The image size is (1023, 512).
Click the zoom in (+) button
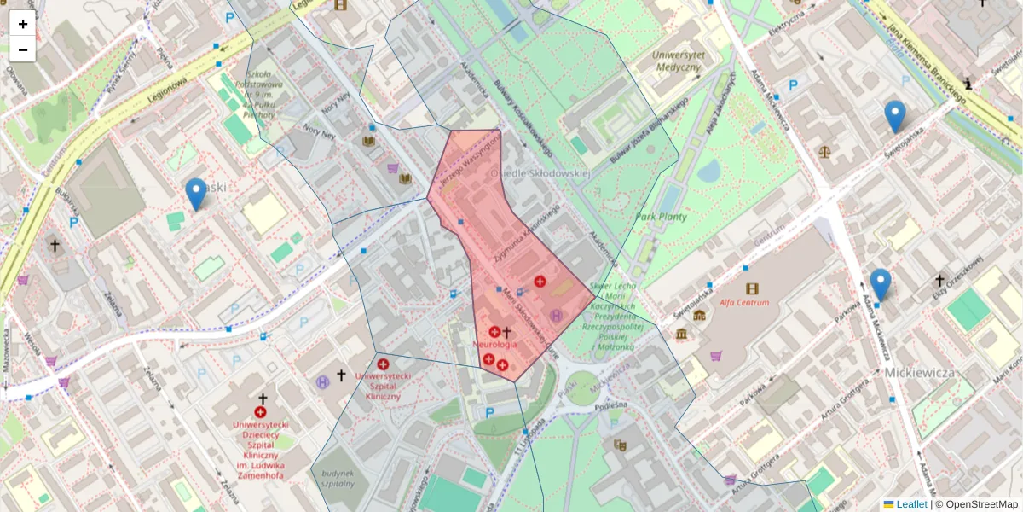click(23, 24)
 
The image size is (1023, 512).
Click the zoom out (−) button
click(23, 49)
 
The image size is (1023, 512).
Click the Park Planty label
click(661, 217)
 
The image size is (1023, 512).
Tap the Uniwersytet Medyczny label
click(677, 61)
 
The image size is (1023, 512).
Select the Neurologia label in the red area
click(494, 344)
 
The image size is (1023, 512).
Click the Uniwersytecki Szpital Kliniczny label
click(383, 386)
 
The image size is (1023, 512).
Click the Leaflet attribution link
click(911, 504)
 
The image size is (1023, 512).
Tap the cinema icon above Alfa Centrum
click(751, 288)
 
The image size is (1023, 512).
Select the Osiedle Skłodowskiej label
click(540, 173)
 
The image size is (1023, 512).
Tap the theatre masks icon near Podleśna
click(620, 445)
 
